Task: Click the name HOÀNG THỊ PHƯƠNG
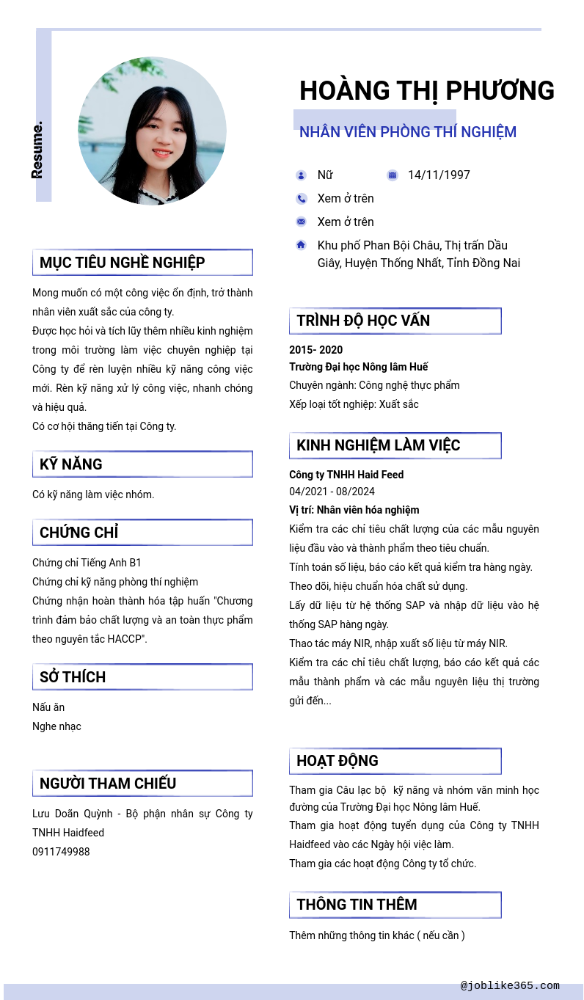pos(426,91)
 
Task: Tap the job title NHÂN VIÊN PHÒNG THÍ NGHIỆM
pos(407,132)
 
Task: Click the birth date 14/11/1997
pos(439,175)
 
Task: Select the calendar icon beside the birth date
pos(393,175)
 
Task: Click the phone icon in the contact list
pos(301,199)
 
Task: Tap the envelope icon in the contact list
pos(301,222)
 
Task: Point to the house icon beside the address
pos(301,245)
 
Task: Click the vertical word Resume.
pos(37,150)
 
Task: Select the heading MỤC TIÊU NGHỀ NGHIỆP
pos(123,263)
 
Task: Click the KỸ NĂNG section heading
pos(71,464)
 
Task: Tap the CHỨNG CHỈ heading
pos(79,533)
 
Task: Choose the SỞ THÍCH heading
pos(73,677)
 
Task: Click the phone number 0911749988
pos(61,852)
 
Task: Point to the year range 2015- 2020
pos(315,350)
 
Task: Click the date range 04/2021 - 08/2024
pos(332,492)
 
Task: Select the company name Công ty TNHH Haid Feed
pos(346,475)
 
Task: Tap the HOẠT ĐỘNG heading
pos(337,761)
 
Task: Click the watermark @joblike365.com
pos(510,986)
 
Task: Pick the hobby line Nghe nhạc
pos(56,726)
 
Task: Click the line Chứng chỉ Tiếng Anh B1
pos(87,563)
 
